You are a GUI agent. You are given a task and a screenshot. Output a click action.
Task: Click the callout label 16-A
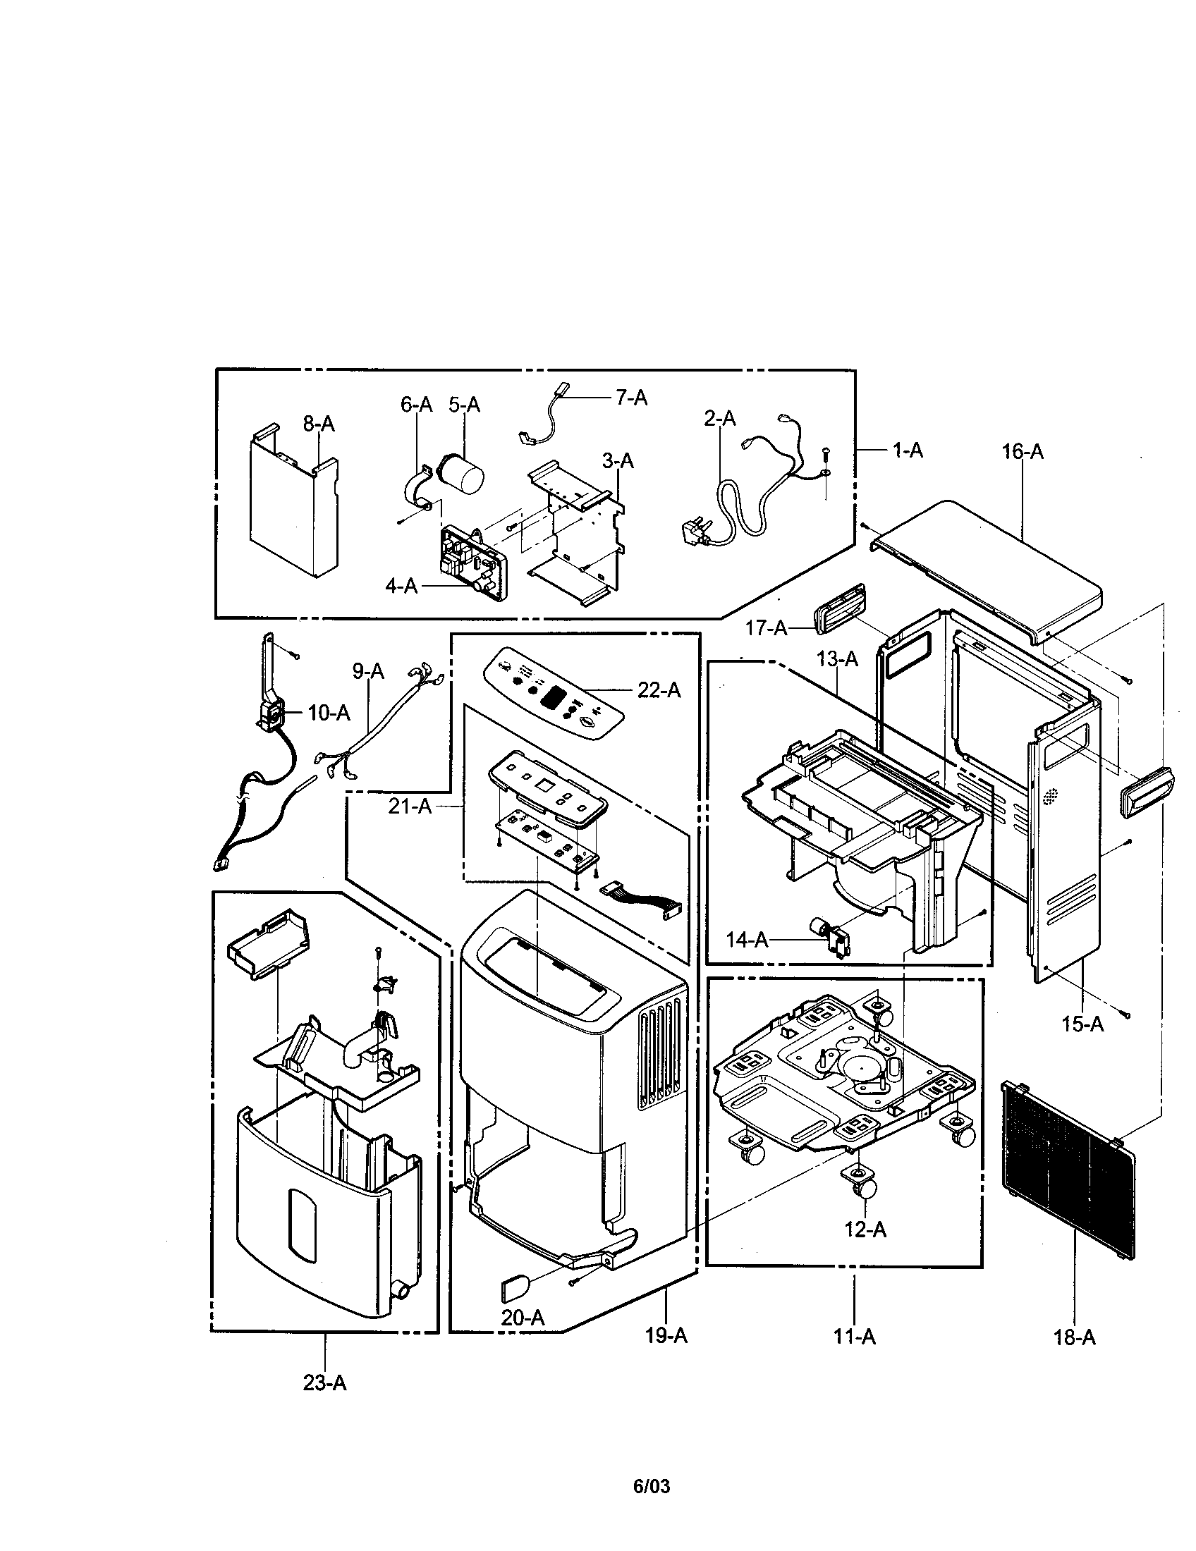[1023, 451]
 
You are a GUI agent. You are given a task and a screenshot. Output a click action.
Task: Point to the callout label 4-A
[401, 587]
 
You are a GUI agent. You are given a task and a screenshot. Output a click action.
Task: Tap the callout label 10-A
[329, 713]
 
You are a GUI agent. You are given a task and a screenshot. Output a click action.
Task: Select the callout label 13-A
[837, 659]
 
